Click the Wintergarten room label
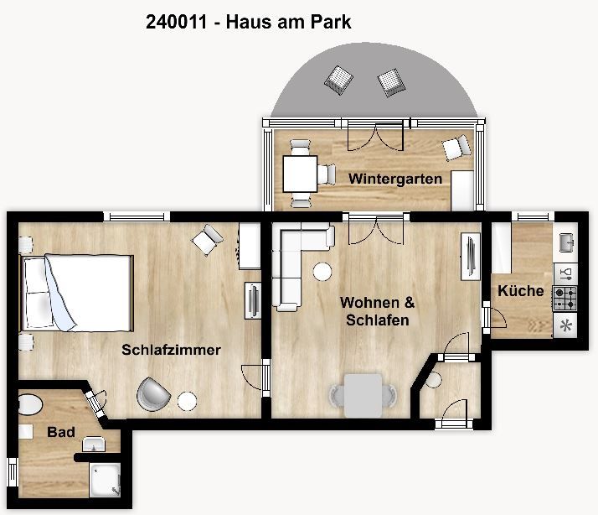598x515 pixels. click(x=395, y=179)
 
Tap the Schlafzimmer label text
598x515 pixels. click(x=171, y=350)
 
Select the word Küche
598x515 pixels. click(x=521, y=291)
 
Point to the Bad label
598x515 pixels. click(x=61, y=432)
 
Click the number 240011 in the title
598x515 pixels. click(x=176, y=22)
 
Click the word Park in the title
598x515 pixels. click(x=331, y=22)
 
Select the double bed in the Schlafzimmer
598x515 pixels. click(x=77, y=293)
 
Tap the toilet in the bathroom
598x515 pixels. click(x=30, y=405)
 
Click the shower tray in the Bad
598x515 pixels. click(x=105, y=480)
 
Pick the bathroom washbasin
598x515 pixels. click(x=94, y=444)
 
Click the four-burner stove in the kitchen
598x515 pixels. click(x=565, y=299)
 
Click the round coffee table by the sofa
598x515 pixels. click(x=322, y=272)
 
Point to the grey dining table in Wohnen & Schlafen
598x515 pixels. click(x=363, y=395)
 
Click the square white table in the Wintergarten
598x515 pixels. click(x=300, y=174)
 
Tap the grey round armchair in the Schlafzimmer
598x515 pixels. click(x=153, y=394)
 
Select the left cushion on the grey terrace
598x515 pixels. click(x=338, y=80)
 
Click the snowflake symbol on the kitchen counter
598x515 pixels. click(x=565, y=326)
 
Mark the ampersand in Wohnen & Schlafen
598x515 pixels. click(x=410, y=303)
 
